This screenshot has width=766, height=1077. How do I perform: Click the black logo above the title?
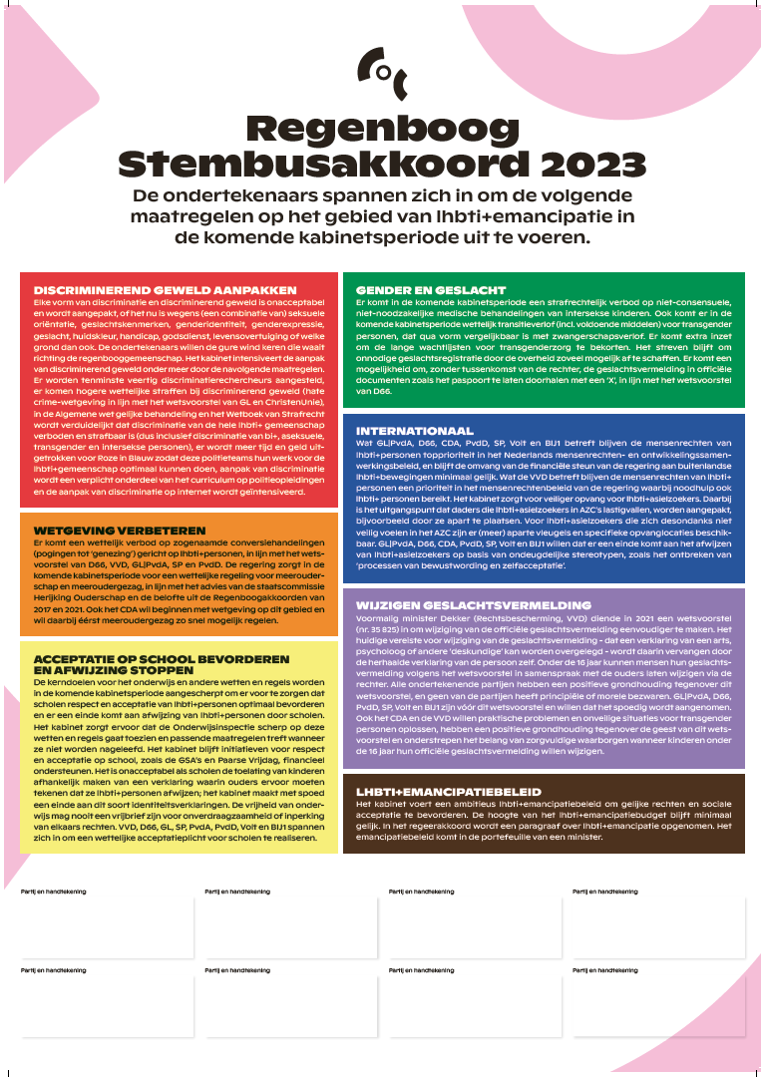click(x=382, y=67)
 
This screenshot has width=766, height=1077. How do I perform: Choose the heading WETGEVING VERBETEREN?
click(x=120, y=531)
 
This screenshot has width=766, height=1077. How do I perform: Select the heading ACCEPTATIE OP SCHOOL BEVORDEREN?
click(x=159, y=660)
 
